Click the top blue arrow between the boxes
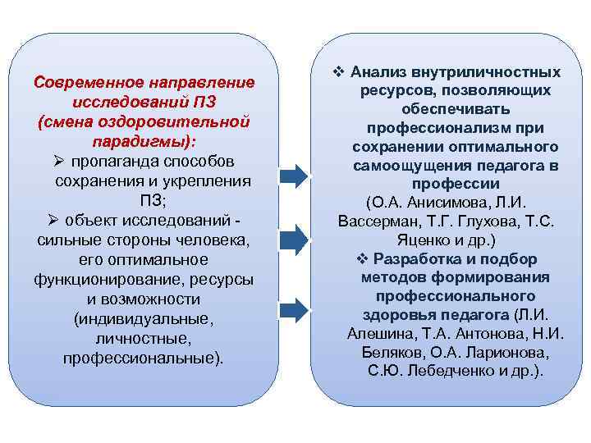[294, 174]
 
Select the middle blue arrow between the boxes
[294, 240]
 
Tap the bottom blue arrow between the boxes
[294, 309]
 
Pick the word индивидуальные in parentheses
[143, 319]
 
